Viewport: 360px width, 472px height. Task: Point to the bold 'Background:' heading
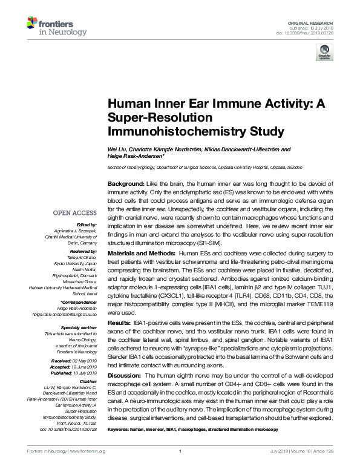[125, 183]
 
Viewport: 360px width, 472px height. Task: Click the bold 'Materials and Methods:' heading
[141, 252]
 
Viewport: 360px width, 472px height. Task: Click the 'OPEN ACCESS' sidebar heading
[74, 212]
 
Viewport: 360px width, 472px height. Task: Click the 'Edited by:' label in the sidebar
[86, 225]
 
